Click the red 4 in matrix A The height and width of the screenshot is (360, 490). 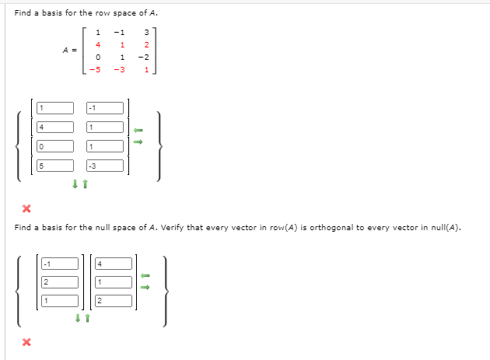pyautogui.click(x=97, y=44)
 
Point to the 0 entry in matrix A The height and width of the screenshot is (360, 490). pyautogui.click(x=97, y=57)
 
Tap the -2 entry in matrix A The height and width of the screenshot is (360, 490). pyautogui.click(x=144, y=57)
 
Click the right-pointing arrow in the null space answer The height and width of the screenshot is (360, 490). pyautogui.click(x=145, y=286)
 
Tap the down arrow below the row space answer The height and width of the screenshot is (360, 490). pyautogui.click(x=75, y=184)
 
